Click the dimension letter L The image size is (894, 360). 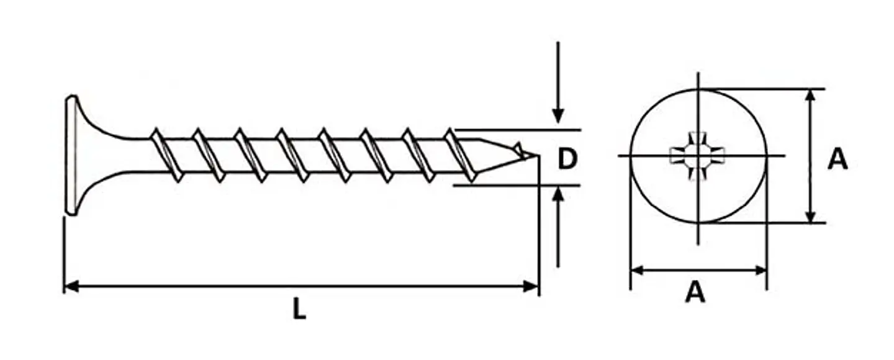(299, 309)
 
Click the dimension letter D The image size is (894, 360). (567, 158)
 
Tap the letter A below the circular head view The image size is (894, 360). (695, 292)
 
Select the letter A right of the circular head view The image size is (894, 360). (838, 159)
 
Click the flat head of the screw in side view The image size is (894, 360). (71, 156)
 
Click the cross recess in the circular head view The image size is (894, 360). (697, 156)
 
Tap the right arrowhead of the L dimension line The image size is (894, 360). (531, 286)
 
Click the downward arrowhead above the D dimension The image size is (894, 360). (558, 115)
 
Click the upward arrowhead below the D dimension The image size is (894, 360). (558, 194)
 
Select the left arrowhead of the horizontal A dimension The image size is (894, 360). (637, 271)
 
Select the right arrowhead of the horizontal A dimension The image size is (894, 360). (760, 271)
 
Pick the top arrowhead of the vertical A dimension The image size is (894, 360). (810, 96)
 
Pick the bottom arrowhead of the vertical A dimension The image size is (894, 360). (810, 215)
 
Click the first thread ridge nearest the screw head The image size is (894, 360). (167, 155)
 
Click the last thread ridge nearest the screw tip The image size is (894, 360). (461, 155)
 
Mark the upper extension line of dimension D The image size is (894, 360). (518, 130)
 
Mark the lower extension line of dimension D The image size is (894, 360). (517, 185)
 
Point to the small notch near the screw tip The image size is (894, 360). (518, 148)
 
